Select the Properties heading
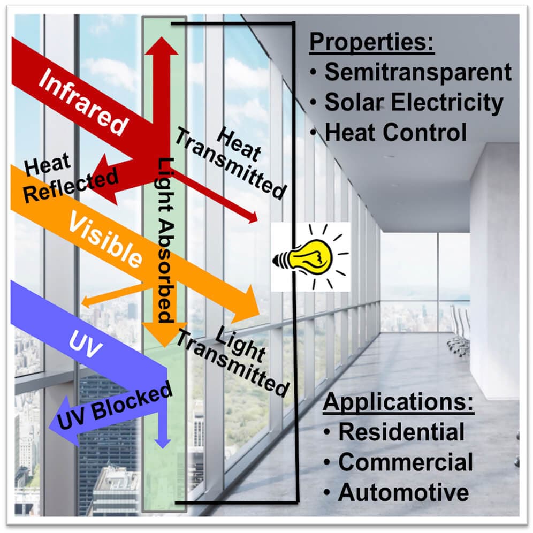coord(372,42)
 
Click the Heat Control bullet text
coord(396,132)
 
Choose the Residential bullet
coord(401,432)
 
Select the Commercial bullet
coord(406,462)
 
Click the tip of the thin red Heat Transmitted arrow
coord(256,219)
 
